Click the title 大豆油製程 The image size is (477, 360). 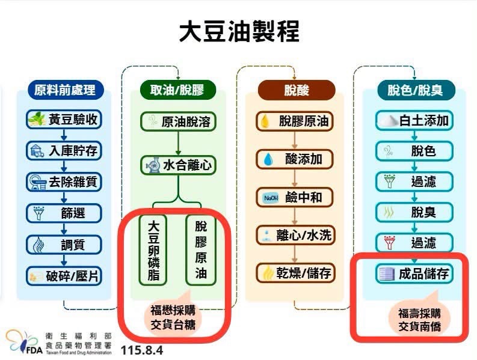[239, 31]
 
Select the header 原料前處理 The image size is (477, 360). [66, 90]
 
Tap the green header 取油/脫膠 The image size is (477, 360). [177, 90]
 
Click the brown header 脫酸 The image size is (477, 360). [297, 90]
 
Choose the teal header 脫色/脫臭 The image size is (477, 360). [416, 90]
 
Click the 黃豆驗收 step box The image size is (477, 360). [64, 120]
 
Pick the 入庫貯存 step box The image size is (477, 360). [64, 151]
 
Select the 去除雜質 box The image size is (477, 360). [64, 182]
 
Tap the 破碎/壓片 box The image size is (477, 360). [64, 276]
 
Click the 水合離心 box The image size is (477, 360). [178, 165]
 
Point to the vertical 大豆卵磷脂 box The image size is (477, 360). [153, 250]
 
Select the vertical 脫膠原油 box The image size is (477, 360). [201, 250]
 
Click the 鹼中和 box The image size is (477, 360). [295, 198]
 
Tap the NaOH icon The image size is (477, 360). [271, 198]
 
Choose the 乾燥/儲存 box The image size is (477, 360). [295, 273]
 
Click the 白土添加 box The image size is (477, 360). [414, 121]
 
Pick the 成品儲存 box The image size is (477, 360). [414, 273]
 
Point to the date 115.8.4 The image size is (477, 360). [142, 350]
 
